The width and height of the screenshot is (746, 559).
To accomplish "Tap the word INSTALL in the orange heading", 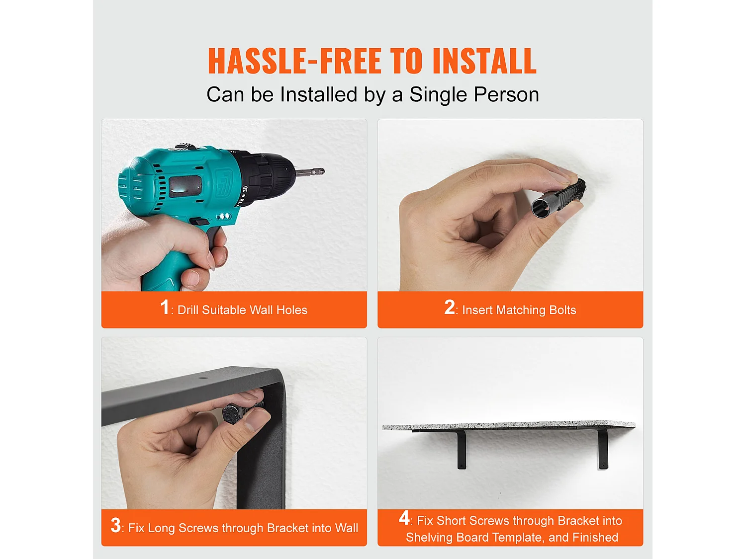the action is [484, 61].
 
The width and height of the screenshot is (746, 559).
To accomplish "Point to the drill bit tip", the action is [324, 171].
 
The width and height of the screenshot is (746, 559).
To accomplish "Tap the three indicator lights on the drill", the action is [224, 216].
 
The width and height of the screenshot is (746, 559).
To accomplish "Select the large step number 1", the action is [165, 307].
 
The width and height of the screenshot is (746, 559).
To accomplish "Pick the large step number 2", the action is [449, 307].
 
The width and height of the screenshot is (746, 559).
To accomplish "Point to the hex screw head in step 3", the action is [233, 414].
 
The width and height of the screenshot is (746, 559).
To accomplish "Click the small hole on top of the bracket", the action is [203, 378].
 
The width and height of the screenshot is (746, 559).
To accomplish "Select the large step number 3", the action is [115, 525].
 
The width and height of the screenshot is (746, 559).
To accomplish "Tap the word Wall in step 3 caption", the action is [347, 528].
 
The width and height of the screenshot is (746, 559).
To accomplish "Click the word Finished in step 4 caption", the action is [595, 537].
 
